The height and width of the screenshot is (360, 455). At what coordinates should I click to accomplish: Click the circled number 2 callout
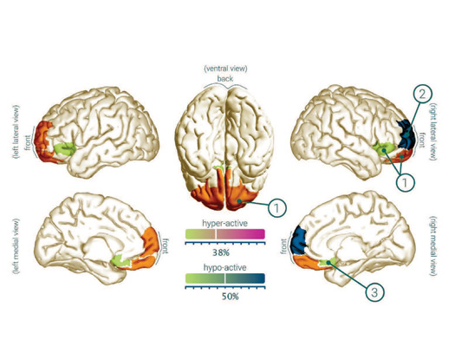pos(422,94)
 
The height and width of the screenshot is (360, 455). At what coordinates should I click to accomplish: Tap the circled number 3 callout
pos(374,292)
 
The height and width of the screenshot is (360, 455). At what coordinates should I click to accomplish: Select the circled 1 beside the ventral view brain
pos(276,207)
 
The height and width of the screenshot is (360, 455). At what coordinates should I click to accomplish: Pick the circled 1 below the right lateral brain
pos(405,182)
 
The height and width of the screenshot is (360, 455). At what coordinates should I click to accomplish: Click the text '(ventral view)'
pos(225,69)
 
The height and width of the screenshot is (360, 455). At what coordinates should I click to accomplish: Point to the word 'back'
pos(224,78)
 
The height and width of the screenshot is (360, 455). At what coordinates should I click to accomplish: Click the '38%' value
pos(221,252)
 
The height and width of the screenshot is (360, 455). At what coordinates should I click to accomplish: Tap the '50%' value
pos(231,297)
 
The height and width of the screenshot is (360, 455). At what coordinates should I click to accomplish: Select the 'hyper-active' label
pos(224,224)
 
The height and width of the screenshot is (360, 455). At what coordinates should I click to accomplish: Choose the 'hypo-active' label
pos(224,267)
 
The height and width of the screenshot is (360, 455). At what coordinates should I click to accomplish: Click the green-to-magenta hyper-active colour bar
pos(224,234)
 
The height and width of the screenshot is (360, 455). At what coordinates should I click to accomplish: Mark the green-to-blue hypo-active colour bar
pos(224,278)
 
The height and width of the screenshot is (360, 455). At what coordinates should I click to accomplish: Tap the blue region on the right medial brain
pos(299,241)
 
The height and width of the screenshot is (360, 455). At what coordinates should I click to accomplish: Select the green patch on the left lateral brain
pos(65,148)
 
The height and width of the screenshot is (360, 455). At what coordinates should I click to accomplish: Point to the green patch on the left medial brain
pos(120,260)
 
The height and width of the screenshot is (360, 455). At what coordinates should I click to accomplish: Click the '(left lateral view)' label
pos(16,132)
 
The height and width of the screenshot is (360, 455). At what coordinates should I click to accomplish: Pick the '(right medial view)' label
pos(432,245)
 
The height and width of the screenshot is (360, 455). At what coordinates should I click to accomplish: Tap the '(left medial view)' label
pos(16,246)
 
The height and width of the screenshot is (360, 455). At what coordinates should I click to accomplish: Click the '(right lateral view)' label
pos(432,132)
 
